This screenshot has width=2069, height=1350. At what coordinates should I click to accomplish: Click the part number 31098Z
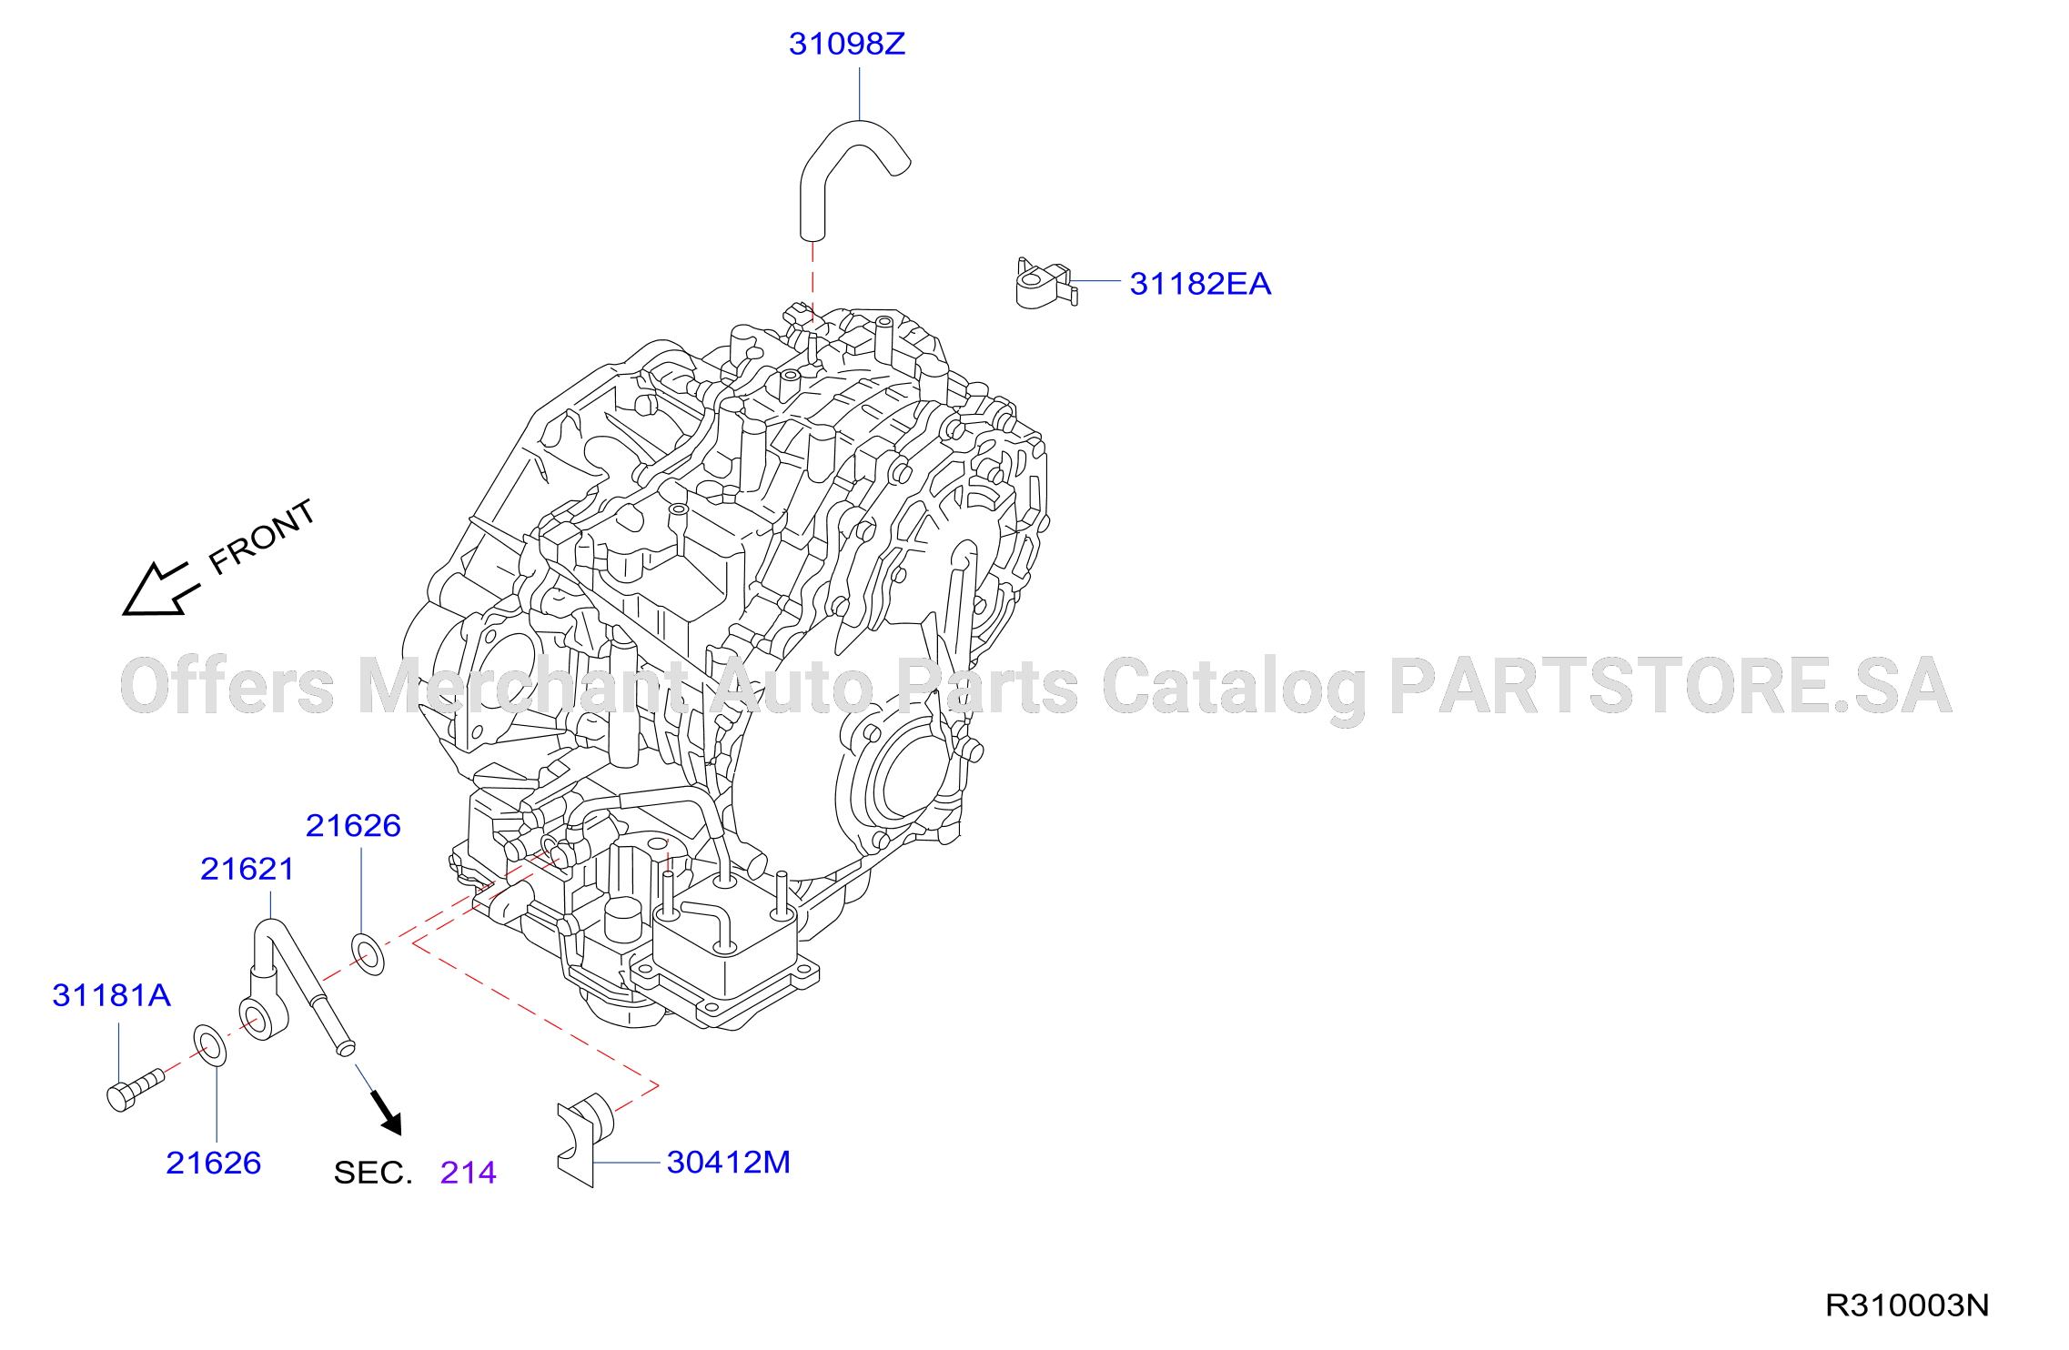coord(846,44)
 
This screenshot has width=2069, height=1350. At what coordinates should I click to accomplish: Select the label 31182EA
coord(1200,284)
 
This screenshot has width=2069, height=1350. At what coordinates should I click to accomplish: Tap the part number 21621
coord(247,869)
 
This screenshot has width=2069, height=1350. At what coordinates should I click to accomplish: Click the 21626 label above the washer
coord(353,825)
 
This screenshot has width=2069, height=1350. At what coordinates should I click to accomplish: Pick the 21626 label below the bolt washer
coord(214,1163)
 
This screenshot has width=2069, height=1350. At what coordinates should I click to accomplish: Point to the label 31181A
coord(112,995)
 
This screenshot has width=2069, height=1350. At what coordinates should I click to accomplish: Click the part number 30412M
coord(729,1162)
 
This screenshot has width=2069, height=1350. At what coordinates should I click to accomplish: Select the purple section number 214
coord(469,1173)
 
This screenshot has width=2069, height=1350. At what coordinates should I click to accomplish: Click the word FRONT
coord(262,537)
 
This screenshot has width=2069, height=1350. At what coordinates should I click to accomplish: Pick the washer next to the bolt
coord(209,1045)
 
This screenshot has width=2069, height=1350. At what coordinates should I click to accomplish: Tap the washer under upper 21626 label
coord(368,953)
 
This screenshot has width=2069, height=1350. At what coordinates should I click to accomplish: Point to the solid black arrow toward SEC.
coord(387,1113)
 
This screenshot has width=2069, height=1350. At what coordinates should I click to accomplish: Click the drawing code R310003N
coord(1907,1305)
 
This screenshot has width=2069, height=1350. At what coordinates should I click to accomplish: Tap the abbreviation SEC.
coord(373,1173)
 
